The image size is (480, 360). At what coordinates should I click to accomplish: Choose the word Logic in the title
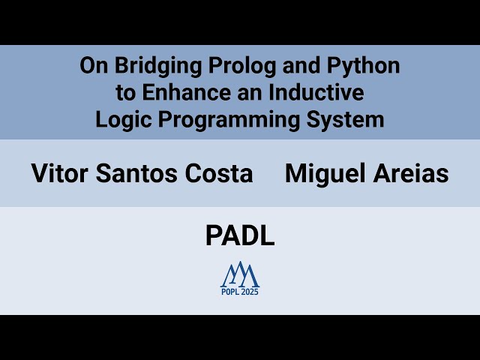pyautogui.click(x=120, y=120)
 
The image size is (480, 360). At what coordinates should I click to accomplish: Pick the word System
pyautogui.click(x=348, y=120)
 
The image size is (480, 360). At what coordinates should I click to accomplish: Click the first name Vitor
pyautogui.click(x=58, y=174)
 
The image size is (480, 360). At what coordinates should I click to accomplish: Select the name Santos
pyautogui.click(x=132, y=174)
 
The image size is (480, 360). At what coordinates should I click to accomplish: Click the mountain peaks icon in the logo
pyautogui.click(x=240, y=274)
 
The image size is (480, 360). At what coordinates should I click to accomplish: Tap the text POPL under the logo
pyautogui.click(x=230, y=292)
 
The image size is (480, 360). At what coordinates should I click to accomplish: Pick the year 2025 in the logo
pyautogui.click(x=250, y=292)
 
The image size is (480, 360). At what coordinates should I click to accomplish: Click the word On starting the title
pyautogui.click(x=94, y=66)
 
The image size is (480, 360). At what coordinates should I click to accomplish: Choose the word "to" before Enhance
pyautogui.click(x=124, y=93)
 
